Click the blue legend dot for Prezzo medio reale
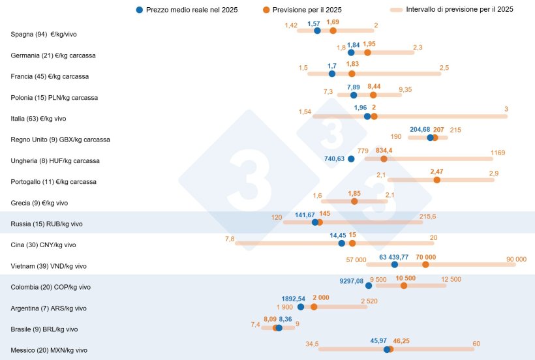(140, 10)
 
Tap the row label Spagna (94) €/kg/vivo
(47, 34)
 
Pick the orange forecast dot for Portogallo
(436, 180)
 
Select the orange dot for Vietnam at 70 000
(425, 264)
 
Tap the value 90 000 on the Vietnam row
(516, 259)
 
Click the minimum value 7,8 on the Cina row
(230, 239)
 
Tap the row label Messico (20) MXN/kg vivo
(48, 350)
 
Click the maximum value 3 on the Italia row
(506, 109)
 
